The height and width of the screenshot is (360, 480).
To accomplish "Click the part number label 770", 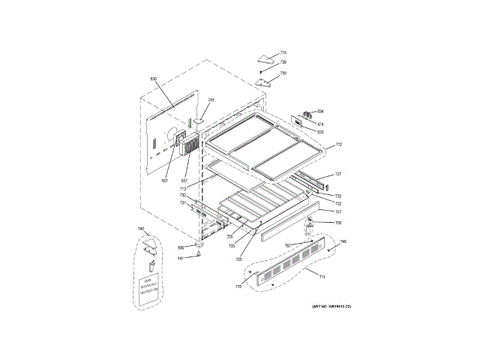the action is [x=283, y=52].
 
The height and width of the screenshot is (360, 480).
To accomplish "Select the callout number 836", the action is [x=153, y=79].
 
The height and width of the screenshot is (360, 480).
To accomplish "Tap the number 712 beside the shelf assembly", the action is [x=338, y=144].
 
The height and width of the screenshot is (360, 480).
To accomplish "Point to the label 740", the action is [x=140, y=229].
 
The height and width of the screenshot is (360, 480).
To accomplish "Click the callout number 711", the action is [x=322, y=277].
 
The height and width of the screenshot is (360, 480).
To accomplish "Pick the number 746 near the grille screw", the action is [x=343, y=241].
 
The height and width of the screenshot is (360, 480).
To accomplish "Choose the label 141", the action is [x=181, y=259].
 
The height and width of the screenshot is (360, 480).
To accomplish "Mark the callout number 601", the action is [x=165, y=179].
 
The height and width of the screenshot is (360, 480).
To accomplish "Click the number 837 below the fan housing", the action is [x=184, y=179].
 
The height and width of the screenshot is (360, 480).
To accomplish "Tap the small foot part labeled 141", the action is [x=198, y=254].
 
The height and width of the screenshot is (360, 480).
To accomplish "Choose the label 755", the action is [x=238, y=259].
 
